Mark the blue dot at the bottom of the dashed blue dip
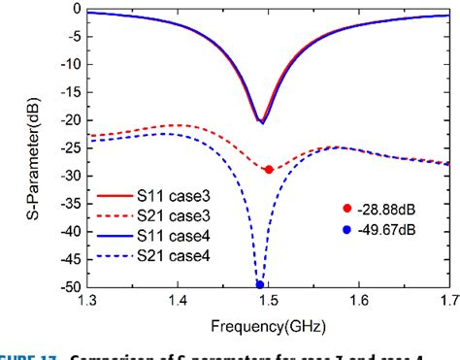coord(260,285)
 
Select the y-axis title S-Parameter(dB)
coord(18,146)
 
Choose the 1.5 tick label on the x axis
coord(268,302)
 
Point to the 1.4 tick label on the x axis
coord(177,302)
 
